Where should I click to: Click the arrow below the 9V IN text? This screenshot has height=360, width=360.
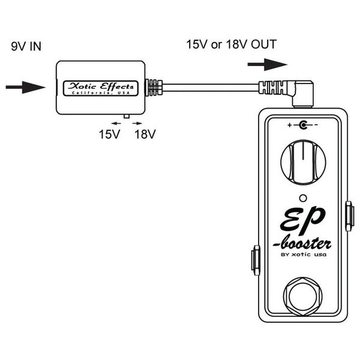[25, 88]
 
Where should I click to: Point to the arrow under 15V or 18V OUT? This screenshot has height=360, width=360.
[267, 64]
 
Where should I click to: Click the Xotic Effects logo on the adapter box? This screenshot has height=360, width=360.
[101, 88]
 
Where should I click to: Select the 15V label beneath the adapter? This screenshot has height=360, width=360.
[109, 134]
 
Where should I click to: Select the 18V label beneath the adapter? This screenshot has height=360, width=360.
[145, 134]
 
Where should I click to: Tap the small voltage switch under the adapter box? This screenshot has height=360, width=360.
[126, 116]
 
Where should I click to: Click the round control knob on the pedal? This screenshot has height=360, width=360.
[303, 162]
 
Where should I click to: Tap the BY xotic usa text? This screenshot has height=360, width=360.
[303, 259]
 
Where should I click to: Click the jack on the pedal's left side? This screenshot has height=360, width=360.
[255, 260]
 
